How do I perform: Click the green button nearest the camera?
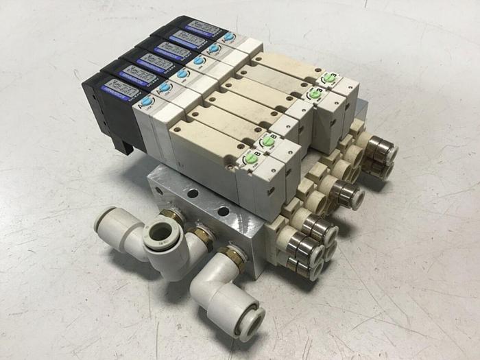[x=251, y=158]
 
